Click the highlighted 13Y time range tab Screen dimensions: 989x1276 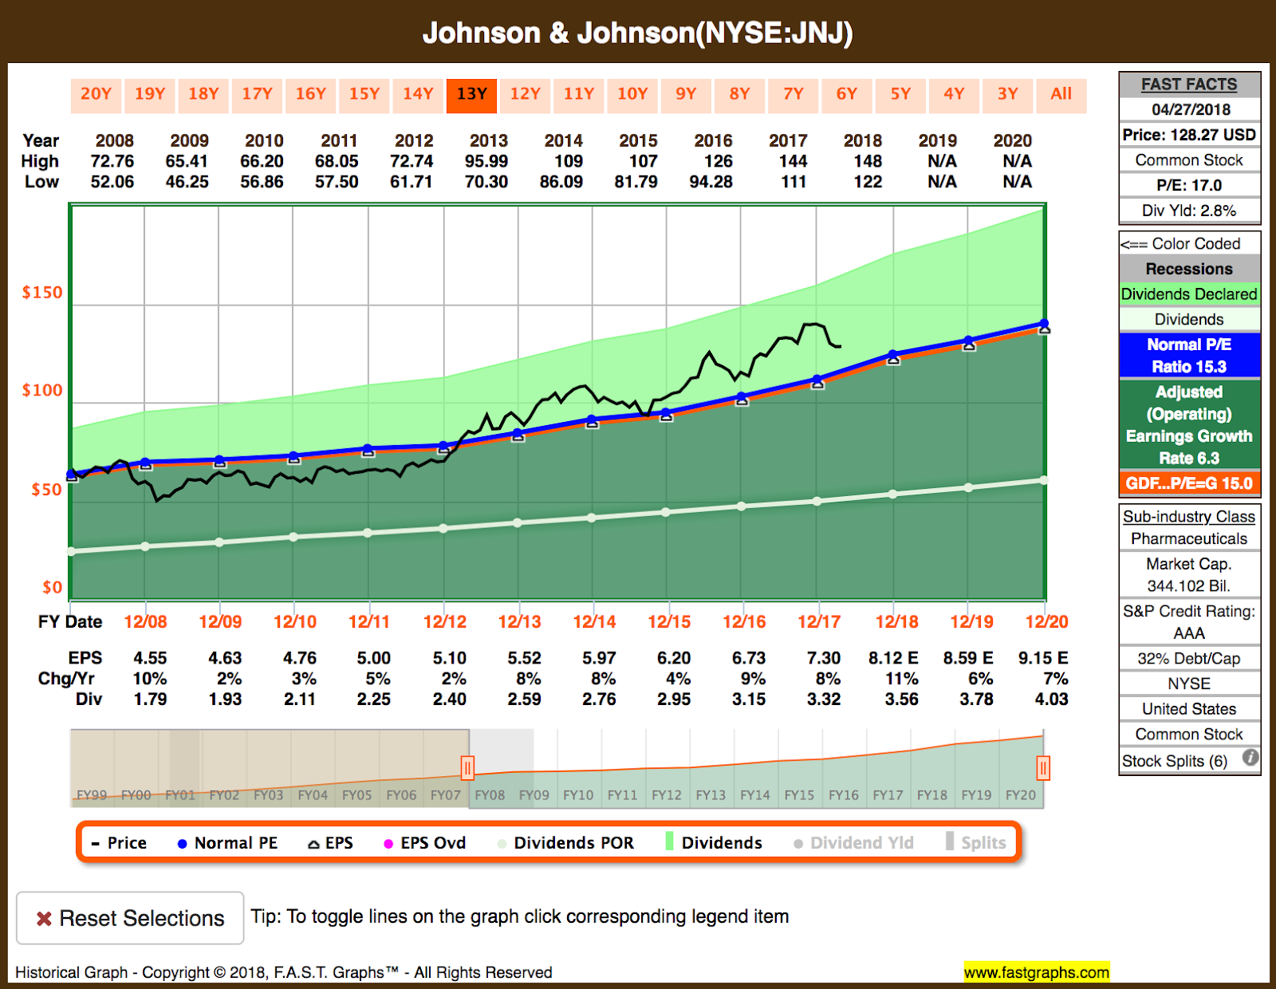[x=471, y=94]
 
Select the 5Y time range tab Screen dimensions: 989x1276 [x=900, y=94]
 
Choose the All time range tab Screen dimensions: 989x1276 [x=1061, y=94]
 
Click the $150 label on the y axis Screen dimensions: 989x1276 [x=42, y=293]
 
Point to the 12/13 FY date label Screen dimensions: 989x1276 [x=519, y=622]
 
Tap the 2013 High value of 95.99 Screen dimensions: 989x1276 [x=486, y=161]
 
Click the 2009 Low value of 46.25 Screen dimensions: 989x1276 [x=187, y=182]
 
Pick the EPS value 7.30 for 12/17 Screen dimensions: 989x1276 [x=823, y=658]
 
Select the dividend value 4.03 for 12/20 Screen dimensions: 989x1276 [x=1051, y=699]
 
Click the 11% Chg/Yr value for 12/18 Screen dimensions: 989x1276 [x=901, y=679]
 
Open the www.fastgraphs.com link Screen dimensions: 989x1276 [x=1036, y=972]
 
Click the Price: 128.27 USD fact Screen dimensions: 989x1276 [x=1189, y=135]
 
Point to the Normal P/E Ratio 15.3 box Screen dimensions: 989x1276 [x=1189, y=356]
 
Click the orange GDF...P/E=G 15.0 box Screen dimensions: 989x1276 [x=1189, y=483]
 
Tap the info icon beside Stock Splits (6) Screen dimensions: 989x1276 [x=1250, y=758]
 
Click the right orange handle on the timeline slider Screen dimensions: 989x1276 [x=1042, y=768]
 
